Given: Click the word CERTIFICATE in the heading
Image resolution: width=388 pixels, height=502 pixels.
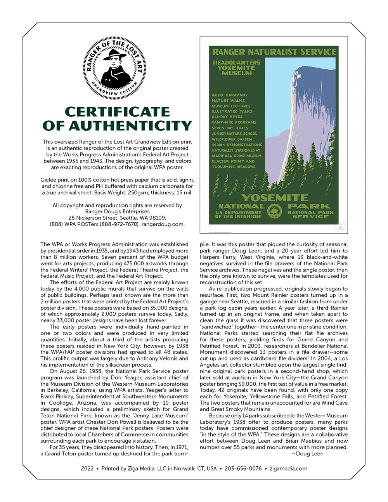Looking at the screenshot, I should click(117, 112).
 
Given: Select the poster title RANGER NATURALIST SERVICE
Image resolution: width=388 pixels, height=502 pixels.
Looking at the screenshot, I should click(274, 52).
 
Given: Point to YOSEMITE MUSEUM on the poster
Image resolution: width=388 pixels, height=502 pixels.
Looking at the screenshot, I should click(236, 70).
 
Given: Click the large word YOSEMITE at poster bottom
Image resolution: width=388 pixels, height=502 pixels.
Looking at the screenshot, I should click(274, 197).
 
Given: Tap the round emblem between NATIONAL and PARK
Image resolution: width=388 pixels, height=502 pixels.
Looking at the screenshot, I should click(275, 211).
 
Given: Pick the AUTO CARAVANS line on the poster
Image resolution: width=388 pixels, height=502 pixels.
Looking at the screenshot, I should click(229, 95).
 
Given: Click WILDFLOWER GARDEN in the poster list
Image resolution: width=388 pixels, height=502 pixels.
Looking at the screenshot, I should click(232, 139).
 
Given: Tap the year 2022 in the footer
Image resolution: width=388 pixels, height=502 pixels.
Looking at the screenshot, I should click(87, 469).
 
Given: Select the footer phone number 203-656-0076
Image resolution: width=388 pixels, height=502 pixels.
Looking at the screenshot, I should click(243, 469).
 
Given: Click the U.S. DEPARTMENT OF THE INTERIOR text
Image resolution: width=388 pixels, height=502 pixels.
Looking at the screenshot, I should click(238, 214).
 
